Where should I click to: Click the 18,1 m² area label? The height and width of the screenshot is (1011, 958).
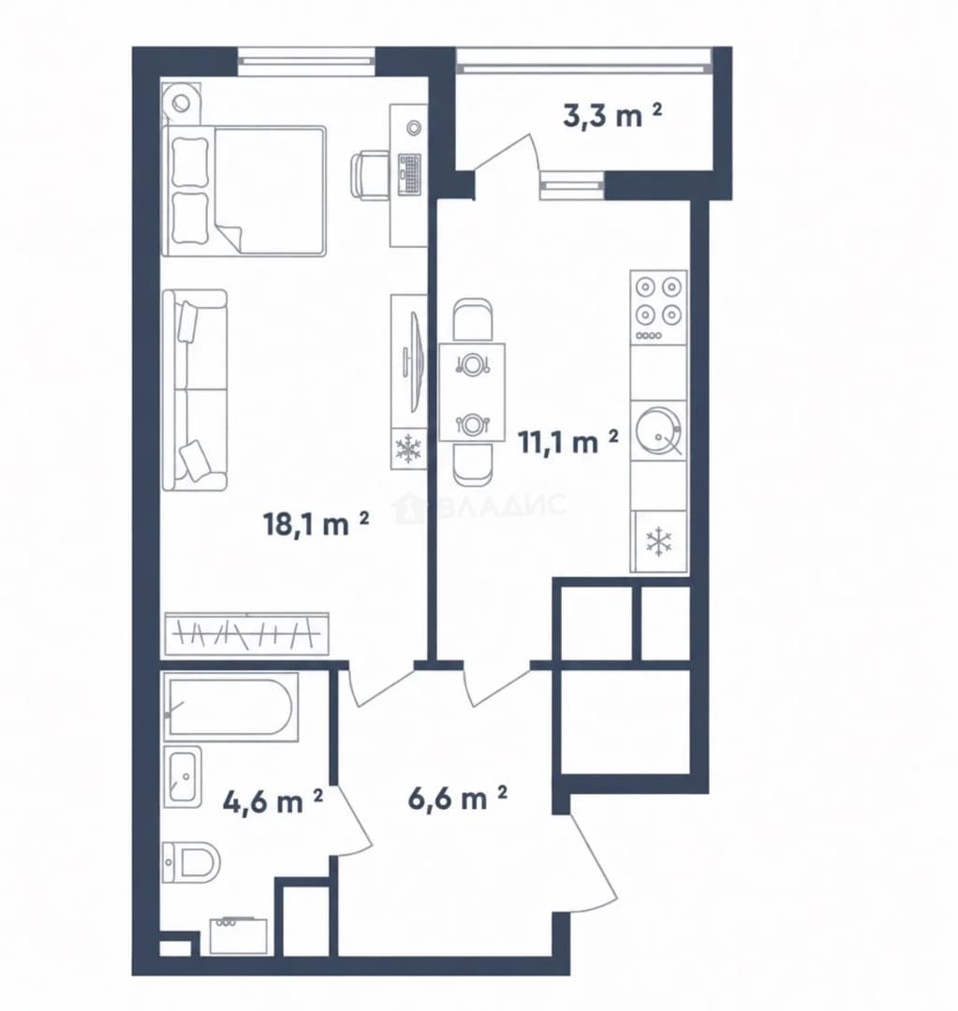317,523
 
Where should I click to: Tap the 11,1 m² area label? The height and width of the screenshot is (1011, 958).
568,441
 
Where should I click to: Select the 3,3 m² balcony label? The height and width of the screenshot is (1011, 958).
612,116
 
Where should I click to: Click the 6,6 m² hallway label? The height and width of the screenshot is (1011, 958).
457,799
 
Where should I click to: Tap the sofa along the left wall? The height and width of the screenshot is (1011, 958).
195,390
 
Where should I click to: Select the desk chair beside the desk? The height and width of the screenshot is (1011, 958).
370,173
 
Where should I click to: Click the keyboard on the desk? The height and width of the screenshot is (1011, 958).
409,174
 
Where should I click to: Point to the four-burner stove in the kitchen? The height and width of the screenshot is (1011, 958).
658,308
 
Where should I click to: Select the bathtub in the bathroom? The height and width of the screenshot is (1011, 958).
231,707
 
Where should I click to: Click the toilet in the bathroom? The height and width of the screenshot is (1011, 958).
191,860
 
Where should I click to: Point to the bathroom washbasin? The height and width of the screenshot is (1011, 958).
182,776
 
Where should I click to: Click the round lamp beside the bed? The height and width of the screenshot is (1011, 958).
181,101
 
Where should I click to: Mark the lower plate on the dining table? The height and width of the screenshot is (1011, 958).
472,424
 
